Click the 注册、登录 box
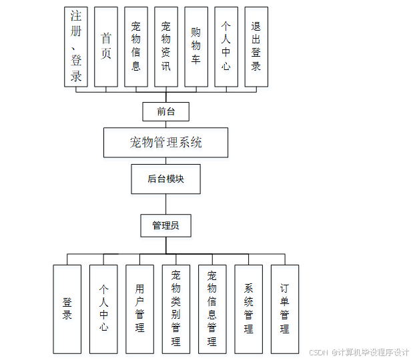(76, 47)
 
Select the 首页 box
(106, 47)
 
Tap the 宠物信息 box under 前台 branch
(136, 47)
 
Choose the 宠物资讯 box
(166, 47)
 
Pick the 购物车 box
(196, 47)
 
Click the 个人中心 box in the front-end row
(226, 47)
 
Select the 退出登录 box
(256, 47)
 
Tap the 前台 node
(166, 111)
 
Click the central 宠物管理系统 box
(166, 142)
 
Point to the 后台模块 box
(165, 179)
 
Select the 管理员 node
(165, 225)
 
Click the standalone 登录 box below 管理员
(67, 309)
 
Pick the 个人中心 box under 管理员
(103, 309)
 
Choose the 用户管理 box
(139, 309)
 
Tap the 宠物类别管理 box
(176, 309)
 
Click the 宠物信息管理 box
(212, 309)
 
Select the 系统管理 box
(248, 309)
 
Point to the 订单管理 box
(285, 309)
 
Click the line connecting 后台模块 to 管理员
(165, 204)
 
